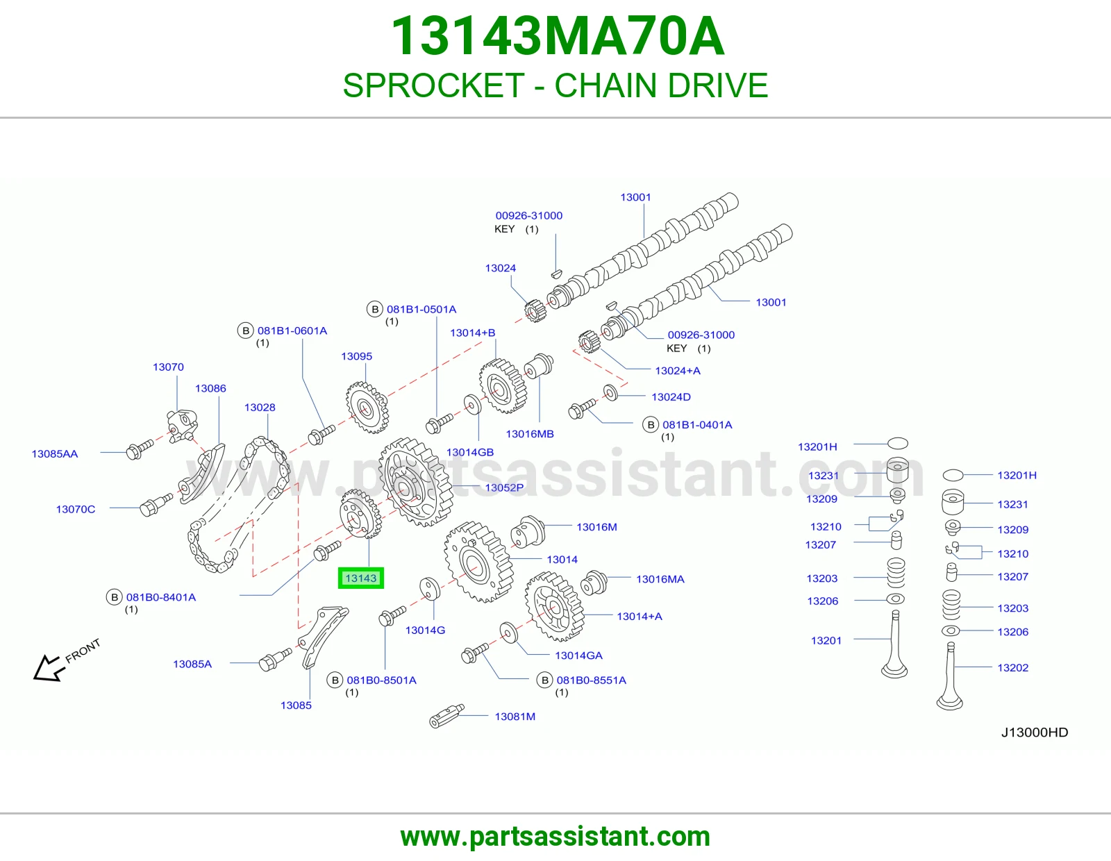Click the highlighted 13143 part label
[x=360, y=578]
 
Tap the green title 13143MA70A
[x=558, y=36]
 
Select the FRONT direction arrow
[x=47, y=668]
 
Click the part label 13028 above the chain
[x=260, y=408]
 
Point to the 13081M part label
[x=515, y=717]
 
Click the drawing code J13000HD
[x=1035, y=732]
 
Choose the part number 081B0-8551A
[x=591, y=680]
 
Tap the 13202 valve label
[x=1013, y=667]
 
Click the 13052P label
[x=504, y=487]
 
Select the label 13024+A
[x=678, y=371]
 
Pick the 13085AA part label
[x=55, y=453]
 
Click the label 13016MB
[x=530, y=433]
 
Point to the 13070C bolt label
[x=76, y=509]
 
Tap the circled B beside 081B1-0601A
[x=245, y=331]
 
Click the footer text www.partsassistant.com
[x=555, y=837]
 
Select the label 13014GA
[x=579, y=655]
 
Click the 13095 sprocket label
[x=356, y=356]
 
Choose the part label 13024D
[x=671, y=396]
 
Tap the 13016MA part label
[x=660, y=579]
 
